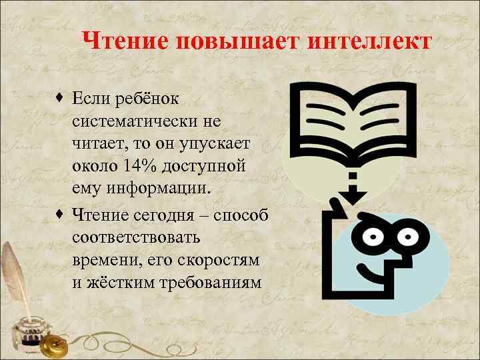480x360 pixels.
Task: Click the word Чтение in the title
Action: [x=124, y=41]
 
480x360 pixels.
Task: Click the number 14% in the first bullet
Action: [x=139, y=165]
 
